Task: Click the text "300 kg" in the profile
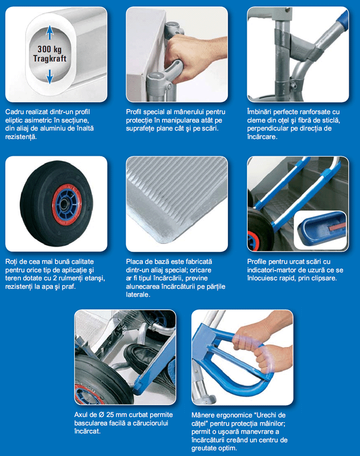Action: coord(49,49)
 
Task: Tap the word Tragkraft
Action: coord(50,59)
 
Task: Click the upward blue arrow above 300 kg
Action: coord(50,32)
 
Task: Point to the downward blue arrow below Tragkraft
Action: coord(50,77)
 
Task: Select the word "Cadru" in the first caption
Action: coord(15,112)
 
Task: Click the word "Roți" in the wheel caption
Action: coord(11,262)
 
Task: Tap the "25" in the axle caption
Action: coord(110,415)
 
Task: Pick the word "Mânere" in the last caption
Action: coord(202,415)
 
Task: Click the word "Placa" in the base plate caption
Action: coord(135,262)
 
